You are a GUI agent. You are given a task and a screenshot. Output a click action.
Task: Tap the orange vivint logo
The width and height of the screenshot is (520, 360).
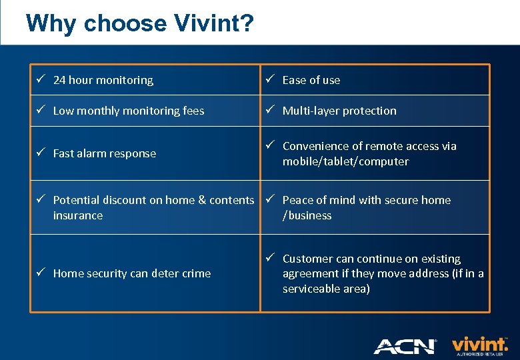pos(479,344)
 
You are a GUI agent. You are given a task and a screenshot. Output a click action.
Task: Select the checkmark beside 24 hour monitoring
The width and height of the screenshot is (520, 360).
pos(41,79)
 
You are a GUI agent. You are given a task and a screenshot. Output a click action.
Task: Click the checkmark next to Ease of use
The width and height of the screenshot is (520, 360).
pos(271,79)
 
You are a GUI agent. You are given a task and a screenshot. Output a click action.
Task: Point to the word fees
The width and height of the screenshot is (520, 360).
pos(192,111)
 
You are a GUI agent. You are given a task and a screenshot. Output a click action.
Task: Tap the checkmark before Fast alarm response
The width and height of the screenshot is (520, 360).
pos(41,153)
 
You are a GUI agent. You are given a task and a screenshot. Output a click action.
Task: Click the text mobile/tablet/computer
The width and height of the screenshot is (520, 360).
pos(345,161)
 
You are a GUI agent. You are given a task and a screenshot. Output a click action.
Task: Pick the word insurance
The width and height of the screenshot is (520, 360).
pos(78,215)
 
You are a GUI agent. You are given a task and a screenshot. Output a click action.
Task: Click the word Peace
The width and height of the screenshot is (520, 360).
pos(297,200)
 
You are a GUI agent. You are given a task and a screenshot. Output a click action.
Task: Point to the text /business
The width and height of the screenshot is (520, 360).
pos(307,215)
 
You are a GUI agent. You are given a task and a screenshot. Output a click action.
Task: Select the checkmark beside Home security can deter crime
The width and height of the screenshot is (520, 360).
pos(41,273)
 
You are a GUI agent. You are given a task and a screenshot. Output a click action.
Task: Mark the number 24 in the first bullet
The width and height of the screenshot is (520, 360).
pos(59,80)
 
